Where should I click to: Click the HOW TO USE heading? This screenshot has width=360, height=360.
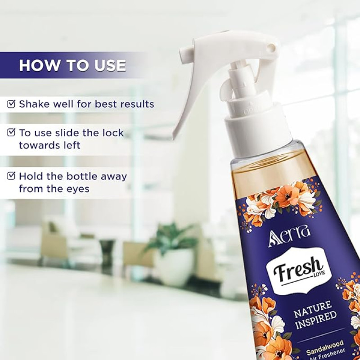point(72,65)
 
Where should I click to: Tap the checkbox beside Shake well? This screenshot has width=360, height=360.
point(11,104)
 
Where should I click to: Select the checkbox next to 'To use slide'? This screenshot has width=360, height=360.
point(11,132)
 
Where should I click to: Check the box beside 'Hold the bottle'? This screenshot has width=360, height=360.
point(11,176)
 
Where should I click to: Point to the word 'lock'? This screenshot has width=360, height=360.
point(113,133)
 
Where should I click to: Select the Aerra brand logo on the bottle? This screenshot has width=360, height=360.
point(289,239)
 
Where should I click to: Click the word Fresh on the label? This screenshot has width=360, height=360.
point(298,270)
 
